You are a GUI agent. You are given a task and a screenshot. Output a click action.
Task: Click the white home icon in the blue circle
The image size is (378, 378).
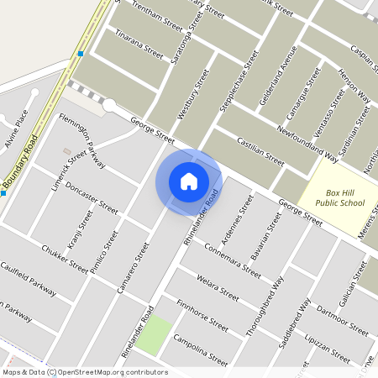[x=189, y=181]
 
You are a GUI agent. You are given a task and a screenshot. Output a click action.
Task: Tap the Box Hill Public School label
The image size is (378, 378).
[x=340, y=197]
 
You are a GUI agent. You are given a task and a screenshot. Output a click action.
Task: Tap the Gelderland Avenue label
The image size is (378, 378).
[x=280, y=76]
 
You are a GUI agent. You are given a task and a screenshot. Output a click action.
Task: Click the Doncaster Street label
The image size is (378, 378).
[x=92, y=195]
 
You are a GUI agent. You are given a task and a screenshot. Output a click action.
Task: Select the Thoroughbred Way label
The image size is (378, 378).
[x=265, y=306]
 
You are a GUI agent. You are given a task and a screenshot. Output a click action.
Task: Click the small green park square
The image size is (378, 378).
[x=154, y=337]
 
